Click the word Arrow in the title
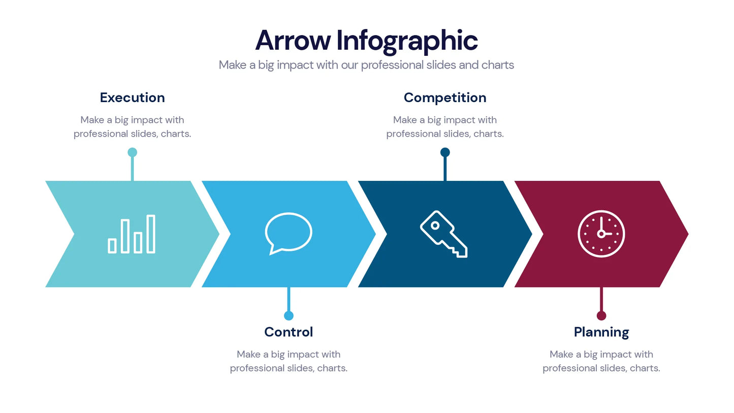(x=293, y=41)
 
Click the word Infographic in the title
(x=407, y=41)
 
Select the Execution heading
(x=132, y=98)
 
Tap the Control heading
(x=289, y=332)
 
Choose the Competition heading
(x=445, y=98)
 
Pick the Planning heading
(x=601, y=332)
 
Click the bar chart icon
(x=132, y=234)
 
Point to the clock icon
(x=601, y=234)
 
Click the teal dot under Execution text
(x=133, y=152)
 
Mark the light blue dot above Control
(x=289, y=315)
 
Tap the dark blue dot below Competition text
(x=445, y=152)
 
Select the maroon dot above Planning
(x=601, y=315)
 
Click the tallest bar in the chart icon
(x=151, y=234)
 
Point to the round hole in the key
(x=435, y=225)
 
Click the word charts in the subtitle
(x=498, y=65)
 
